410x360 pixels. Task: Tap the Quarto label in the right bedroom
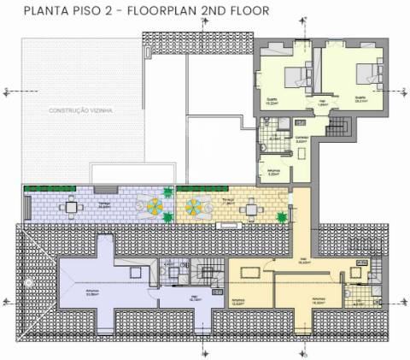(360, 98)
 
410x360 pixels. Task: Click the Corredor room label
(301, 137)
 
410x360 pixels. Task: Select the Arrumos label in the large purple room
(91, 293)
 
